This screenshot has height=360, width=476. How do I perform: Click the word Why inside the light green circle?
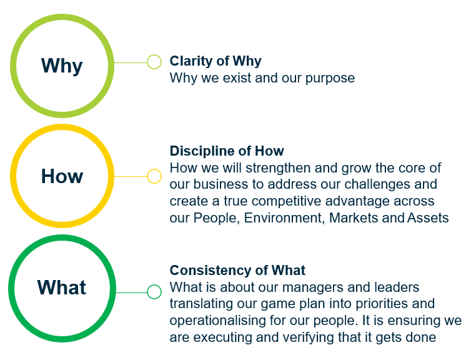coord(62,66)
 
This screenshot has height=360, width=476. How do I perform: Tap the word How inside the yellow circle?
coord(62,176)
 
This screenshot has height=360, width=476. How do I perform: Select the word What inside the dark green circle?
coord(62,287)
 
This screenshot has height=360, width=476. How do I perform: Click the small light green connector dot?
coord(154,62)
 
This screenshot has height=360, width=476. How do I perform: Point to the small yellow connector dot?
coord(154,176)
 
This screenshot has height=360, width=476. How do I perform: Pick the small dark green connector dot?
coord(154,292)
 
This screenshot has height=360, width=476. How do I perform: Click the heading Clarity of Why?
coord(216,61)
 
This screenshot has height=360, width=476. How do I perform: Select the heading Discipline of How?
coord(227,151)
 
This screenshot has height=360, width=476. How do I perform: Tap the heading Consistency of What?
coord(237,270)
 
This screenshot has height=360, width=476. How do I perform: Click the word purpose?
coord(330,79)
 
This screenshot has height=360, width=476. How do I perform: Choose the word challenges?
coord(376,185)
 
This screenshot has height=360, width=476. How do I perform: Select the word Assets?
coord(428,218)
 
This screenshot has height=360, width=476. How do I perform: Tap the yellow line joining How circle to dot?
coord(131,176)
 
